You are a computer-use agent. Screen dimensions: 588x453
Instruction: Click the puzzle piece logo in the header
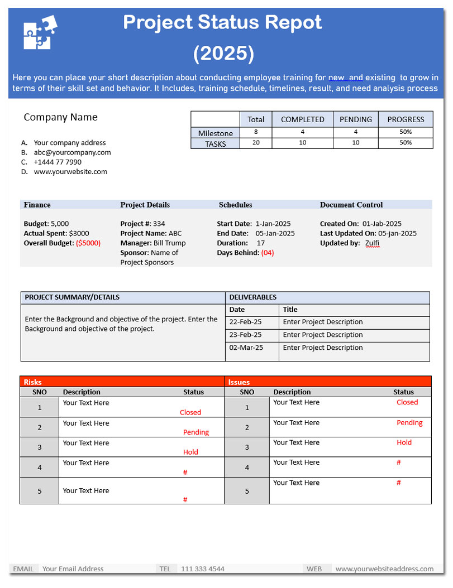click(x=40, y=32)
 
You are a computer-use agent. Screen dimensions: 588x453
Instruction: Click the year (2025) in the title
click(x=223, y=54)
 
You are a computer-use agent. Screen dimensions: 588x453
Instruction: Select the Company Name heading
click(x=60, y=117)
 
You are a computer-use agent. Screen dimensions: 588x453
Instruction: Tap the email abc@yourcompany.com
click(x=72, y=152)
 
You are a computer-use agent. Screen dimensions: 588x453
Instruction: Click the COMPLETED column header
click(x=302, y=119)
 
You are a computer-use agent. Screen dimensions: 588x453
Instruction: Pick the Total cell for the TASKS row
click(x=256, y=143)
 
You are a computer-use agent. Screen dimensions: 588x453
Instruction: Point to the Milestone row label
click(x=215, y=133)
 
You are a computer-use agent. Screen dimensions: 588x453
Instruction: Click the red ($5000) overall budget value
click(x=88, y=243)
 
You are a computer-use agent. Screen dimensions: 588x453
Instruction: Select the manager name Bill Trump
click(x=170, y=243)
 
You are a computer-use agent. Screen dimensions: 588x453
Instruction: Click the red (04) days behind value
click(x=268, y=253)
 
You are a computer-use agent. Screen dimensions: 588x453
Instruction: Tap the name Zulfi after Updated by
click(x=372, y=243)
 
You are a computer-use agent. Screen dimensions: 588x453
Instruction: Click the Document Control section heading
click(x=351, y=205)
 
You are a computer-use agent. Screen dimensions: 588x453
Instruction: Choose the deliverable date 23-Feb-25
click(x=245, y=335)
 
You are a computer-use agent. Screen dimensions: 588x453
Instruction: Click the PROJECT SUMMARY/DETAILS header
click(x=72, y=297)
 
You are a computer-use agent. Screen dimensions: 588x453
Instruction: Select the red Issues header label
click(x=239, y=382)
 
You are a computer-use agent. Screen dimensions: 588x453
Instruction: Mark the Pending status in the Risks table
click(x=196, y=432)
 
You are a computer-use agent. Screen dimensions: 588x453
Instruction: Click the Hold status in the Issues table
click(x=404, y=442)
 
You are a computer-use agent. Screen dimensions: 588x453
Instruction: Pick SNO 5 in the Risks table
click(x=40, y=491)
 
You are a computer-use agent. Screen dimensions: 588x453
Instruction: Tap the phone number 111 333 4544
click(x=203, y=569)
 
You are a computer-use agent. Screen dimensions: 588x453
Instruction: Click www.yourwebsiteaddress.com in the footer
click(x=384, y=569)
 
